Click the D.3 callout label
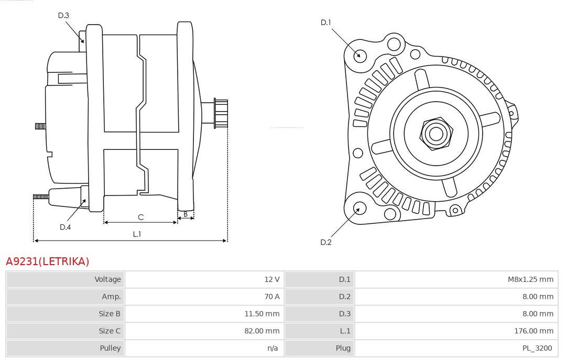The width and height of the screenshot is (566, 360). pos(63,15)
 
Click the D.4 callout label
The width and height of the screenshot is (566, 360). pos(65,227)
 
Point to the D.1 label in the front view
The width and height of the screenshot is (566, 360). pos(325,23)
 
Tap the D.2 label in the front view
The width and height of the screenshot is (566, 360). pos(325,242)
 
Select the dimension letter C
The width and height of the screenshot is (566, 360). pos(141,217)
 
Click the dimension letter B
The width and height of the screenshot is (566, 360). pos(186,214)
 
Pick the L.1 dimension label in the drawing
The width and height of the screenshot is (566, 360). pos(137,234)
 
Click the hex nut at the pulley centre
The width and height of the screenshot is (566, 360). pos(436,134)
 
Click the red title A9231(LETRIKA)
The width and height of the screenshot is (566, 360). pos(47,261)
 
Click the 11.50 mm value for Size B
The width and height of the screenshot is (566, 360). pos(262,314)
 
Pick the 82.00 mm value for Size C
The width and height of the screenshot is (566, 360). pos(262,331)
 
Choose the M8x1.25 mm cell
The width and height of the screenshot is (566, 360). pos(530,279)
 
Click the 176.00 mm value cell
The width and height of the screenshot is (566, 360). pos(534,331)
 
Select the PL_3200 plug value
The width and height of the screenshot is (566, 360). pos(537,348)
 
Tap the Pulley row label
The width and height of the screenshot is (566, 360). pos(110,348)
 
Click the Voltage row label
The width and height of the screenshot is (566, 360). pos(107,279)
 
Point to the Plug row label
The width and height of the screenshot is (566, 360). pos(343,348)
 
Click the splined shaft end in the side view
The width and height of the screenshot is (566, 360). pos(221,113)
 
